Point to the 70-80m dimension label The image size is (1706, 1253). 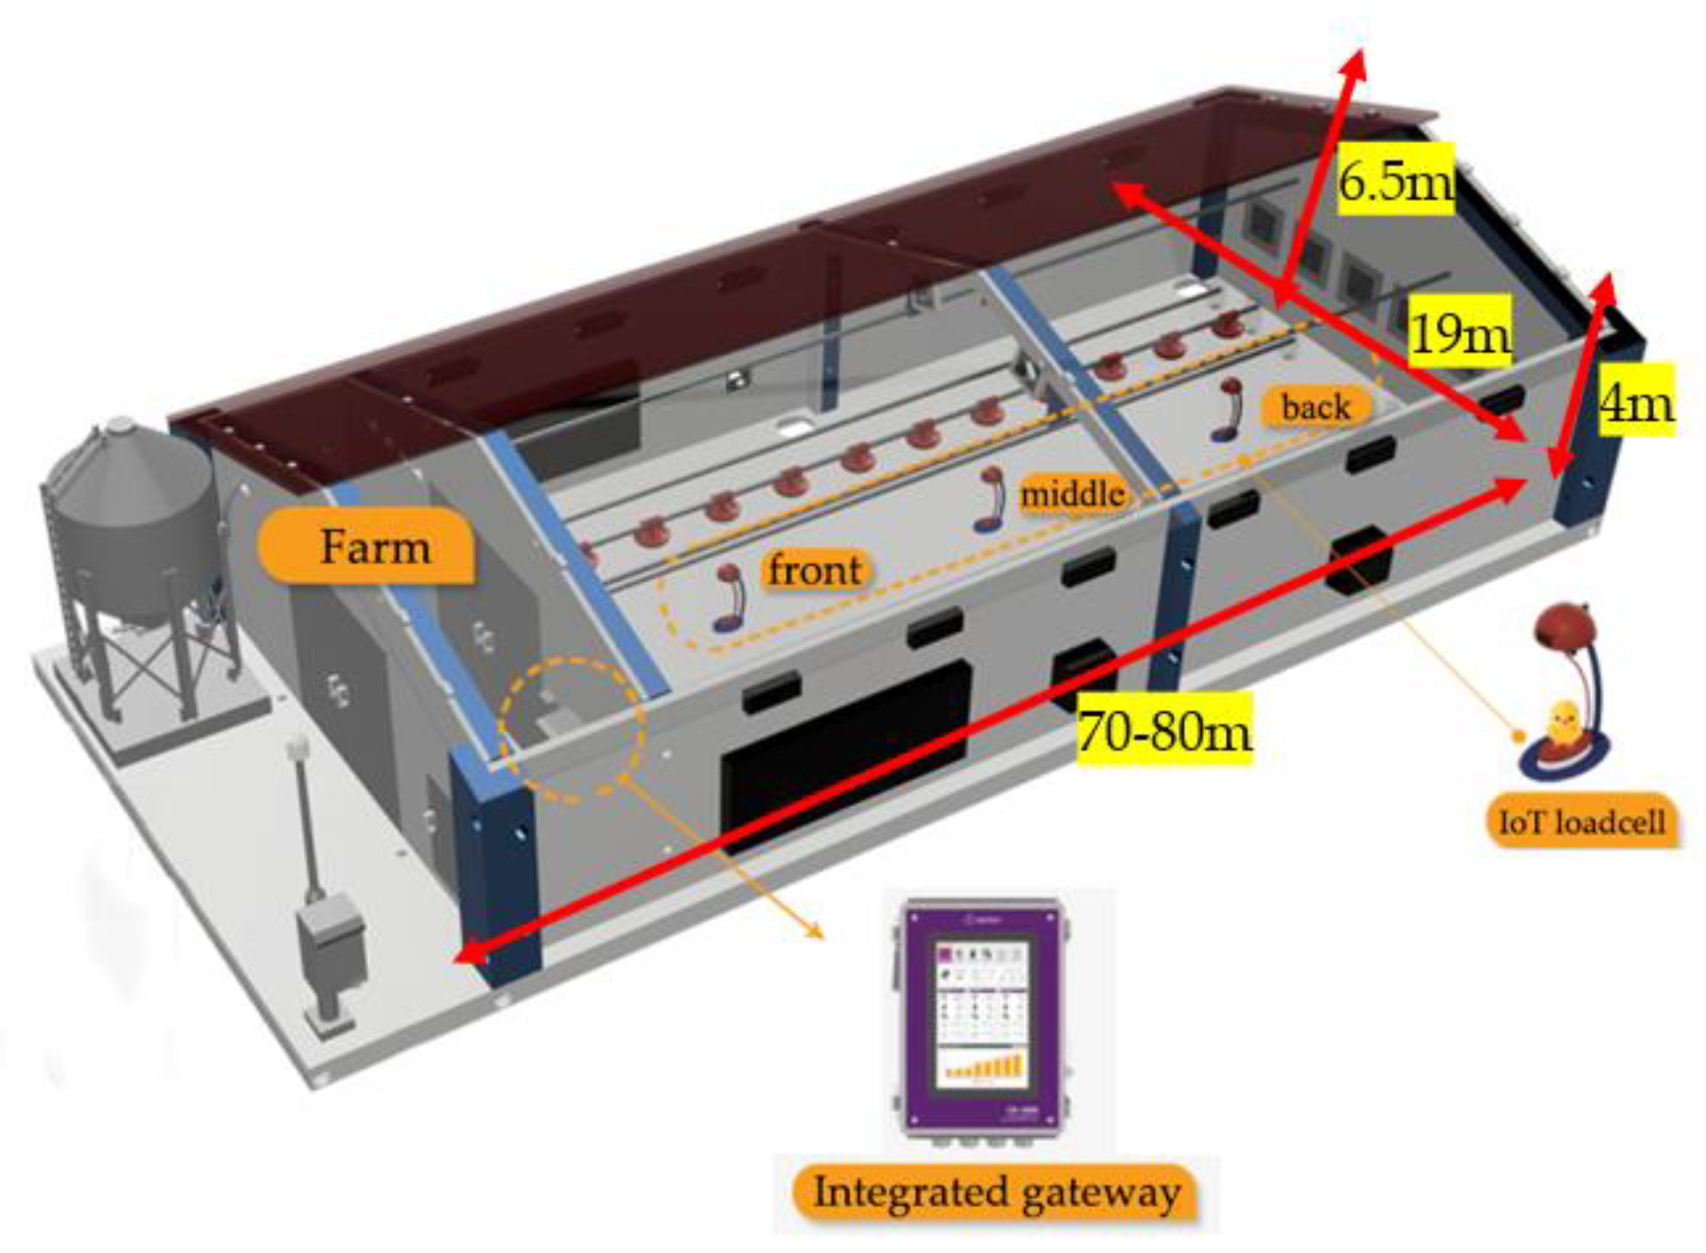tap(1164, 730)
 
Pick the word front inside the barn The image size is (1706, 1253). tap(814, 569)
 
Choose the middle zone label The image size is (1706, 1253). tap(1071, 494)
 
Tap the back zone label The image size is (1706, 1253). tap(1316, 407)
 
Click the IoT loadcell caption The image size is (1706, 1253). tap(1581, 822)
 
